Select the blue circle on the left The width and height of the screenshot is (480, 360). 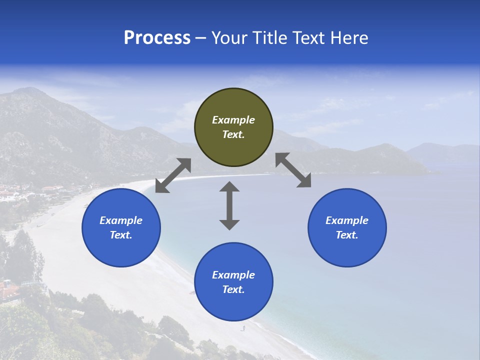click(x=121, y=227)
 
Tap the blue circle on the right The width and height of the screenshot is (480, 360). click(x=347, y=227)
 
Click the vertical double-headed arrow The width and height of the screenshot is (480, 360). click(x=229, y=205)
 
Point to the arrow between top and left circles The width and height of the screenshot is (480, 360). click(x=173, y=175)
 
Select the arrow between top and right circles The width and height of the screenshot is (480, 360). click(x=293, y=170)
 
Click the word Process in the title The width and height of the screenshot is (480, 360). click(x=157, y=38)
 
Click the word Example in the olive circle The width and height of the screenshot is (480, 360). click(x=233, y=120)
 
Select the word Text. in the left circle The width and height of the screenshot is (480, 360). click(x=121, y=235)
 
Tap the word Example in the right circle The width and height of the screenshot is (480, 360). click(x=347, y=220)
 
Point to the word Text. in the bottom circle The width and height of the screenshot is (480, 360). click(x=233, y=289)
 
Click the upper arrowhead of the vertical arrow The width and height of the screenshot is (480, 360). click(x=229, y=186)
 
